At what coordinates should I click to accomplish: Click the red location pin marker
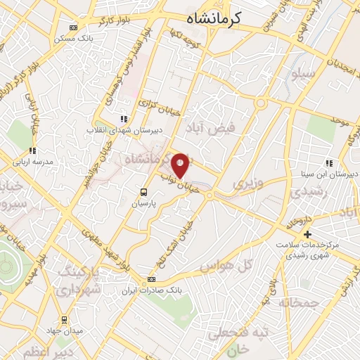coord(181,165)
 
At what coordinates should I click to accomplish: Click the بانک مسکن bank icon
coord(74,29)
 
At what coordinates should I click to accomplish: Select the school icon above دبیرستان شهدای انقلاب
coord(124,119)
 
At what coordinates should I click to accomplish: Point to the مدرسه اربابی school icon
coord(32,150)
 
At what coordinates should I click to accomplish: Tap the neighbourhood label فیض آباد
coord(210,129)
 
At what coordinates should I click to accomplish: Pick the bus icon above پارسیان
coord(143,192)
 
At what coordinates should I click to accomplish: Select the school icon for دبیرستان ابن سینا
coord(329,163)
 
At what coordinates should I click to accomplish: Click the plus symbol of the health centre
coord(307,234)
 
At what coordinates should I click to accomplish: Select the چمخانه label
coord(298,303)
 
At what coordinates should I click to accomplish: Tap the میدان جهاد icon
coord(64,320)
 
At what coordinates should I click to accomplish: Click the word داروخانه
coord(297,224)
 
